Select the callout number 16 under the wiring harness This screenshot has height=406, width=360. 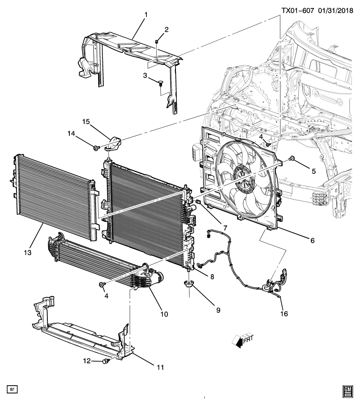[284, 314]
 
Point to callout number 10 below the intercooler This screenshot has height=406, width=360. [164, 314]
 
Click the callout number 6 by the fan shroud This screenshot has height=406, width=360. [312, 240]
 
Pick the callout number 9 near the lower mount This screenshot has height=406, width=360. [219, 310]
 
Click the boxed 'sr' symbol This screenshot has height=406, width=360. [12, 388]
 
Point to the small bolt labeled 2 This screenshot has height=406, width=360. [157, 41]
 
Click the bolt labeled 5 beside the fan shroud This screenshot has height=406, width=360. [291, 159]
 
